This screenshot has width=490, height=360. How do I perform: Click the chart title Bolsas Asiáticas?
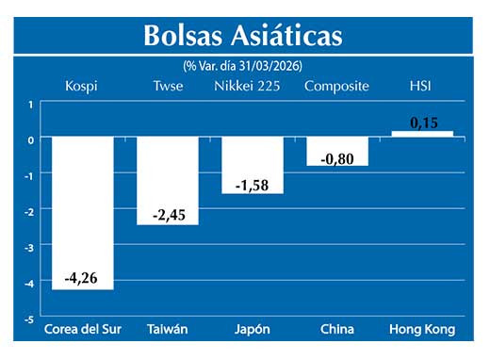243,36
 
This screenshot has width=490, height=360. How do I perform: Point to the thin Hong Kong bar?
422,134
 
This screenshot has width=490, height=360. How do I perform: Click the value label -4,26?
83,278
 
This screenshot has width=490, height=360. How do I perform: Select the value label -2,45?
168,215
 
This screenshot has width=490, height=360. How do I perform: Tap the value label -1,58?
253,184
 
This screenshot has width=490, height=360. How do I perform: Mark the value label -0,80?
337,159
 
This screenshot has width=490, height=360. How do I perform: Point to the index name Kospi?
81,87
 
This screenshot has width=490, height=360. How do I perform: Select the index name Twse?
168,87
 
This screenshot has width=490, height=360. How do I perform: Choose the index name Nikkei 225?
251,87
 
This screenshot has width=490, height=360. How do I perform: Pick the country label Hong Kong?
422,330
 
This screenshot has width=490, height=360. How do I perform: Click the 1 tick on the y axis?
30,104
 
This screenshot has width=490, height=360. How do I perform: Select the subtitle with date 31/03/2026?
243,65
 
